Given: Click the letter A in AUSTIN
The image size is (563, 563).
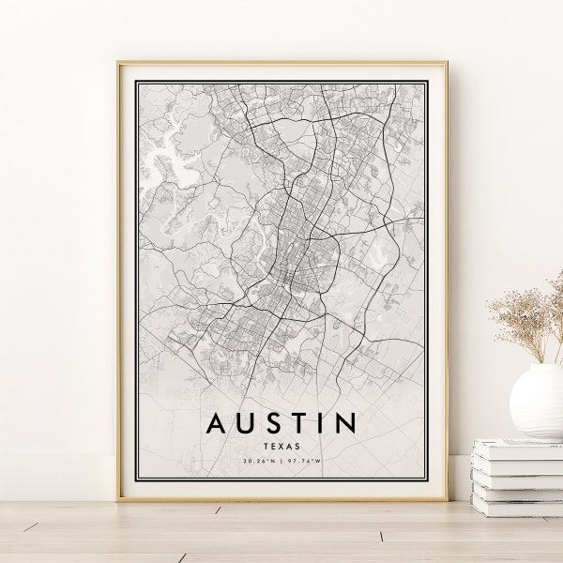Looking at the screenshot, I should coord(216,424).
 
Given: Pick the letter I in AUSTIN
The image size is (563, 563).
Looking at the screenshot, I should coord(318,424).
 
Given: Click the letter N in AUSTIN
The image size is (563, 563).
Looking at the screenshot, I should coord(343,424).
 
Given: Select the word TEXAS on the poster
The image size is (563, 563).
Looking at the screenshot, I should coord(281,448).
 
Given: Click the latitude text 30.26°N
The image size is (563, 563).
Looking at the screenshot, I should coord(258,462).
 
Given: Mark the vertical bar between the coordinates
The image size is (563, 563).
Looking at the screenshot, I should coord(281,462).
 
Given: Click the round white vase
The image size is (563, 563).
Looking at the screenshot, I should coord(538,402).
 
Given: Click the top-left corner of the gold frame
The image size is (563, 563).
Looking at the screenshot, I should coord(119,64).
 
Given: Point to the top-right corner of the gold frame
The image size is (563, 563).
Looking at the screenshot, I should coord(445,64).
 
